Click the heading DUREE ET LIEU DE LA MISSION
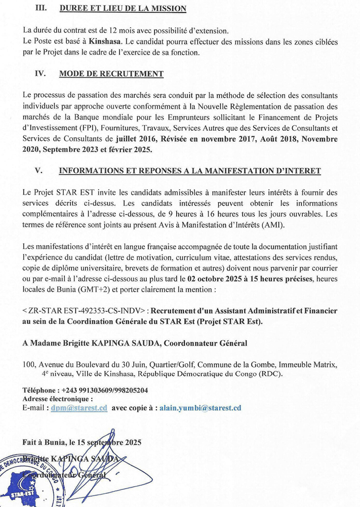(x=123, y=9)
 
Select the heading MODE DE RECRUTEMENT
(x=111, y=74)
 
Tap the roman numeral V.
(x=37, y=171)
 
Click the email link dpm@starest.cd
(x=79, y=408)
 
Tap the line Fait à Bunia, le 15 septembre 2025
(x=82, y=442)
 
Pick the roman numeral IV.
(x=41, y=74)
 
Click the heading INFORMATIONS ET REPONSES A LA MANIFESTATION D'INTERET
(x=190, y=171)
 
